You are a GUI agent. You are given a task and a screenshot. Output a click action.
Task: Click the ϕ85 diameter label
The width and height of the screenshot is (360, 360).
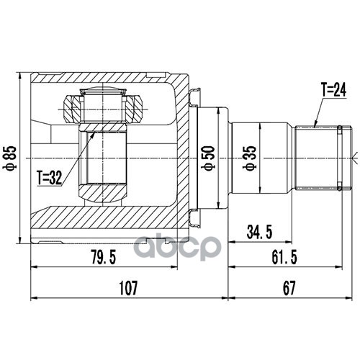point(11,158)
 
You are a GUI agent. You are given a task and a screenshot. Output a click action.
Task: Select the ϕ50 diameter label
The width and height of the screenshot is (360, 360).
point(208,158)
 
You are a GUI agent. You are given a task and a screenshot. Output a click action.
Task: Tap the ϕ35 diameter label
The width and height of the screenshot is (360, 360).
point(250,158)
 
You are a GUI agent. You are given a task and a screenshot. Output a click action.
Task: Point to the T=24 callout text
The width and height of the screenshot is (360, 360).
point(334,90)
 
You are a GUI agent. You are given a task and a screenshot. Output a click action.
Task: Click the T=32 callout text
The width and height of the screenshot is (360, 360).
point(50,178)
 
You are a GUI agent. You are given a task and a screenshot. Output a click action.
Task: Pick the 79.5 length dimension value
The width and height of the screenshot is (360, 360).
point(104,257)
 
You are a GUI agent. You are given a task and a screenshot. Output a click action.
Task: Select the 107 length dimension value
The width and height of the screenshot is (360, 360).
point(128,288)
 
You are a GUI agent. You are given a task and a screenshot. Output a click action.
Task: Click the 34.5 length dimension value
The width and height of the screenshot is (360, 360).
point(259,233)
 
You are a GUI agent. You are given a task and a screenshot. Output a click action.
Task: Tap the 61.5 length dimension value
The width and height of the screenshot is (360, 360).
point(284,257)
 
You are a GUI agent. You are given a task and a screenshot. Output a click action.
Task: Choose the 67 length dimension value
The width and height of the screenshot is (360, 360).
point(289,288)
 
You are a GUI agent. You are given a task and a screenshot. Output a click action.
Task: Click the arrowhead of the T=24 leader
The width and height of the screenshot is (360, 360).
point(315,125)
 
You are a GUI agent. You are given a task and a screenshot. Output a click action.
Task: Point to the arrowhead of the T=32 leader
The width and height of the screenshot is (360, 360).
point(93,135)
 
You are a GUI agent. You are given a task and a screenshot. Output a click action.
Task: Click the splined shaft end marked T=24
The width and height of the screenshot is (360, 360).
point(323,158)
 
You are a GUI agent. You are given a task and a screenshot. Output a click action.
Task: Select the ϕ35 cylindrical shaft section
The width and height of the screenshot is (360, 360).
point(260,158)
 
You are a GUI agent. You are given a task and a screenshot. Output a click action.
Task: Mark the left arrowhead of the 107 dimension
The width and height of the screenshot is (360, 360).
point(35,298)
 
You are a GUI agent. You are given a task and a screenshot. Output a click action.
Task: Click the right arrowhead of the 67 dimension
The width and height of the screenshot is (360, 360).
point(348,298)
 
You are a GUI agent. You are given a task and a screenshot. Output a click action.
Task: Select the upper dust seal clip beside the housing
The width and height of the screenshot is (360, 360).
point(194,97)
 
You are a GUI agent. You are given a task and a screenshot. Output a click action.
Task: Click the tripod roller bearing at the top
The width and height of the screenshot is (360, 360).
point(103,105)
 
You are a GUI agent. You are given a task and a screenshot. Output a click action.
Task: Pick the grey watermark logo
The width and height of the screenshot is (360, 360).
point(177,247)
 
